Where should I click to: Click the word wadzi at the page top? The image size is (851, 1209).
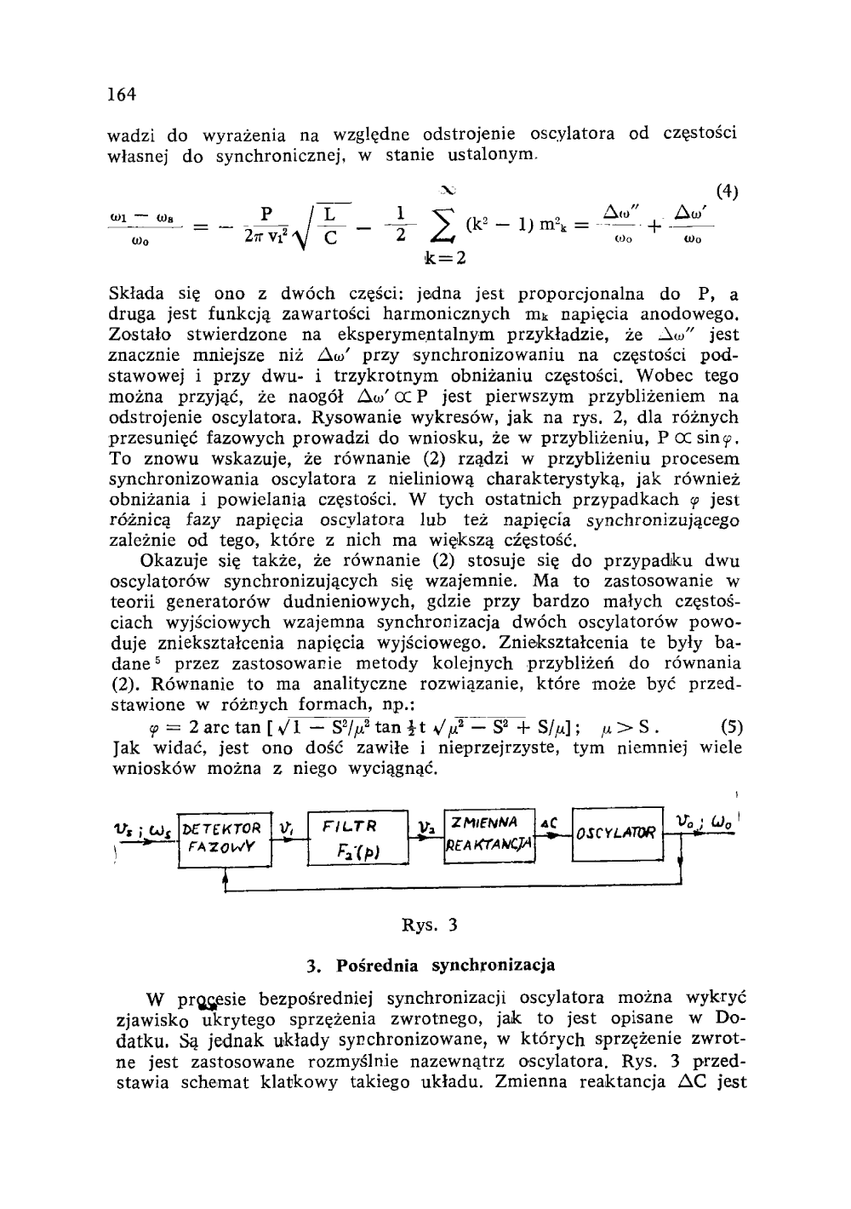[134, 135]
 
